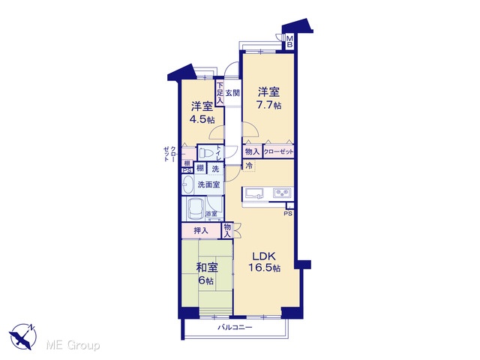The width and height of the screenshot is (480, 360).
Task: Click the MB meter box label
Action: point(289,42)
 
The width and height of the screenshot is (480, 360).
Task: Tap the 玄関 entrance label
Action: point(232,93)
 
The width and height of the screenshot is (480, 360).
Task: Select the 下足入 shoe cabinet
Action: point(220,93)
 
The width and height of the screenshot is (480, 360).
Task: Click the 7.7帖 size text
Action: point(268,105)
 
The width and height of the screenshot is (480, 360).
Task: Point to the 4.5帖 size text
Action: point(202,119)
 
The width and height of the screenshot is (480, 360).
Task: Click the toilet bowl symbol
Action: point(206,152)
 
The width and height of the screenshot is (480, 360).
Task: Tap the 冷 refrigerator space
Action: point(249,166)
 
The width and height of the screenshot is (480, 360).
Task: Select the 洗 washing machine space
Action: point(216,168)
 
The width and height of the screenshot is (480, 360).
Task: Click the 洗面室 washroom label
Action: point(208,184)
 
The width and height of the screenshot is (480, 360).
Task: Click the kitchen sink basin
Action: point(253,193)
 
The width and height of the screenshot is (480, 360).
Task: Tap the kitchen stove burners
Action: point(283,193)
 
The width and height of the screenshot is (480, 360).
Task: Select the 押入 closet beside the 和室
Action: point(201,231)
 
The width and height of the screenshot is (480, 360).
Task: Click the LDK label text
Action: point(264,256)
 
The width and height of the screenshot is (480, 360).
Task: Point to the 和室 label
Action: point(207,268)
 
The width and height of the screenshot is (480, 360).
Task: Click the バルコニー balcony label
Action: point(235,328)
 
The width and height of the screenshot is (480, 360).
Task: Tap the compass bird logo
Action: point(23,336)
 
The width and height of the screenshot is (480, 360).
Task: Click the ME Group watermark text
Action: point(73,346)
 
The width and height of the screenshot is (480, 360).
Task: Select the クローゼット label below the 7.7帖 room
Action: point(278,151)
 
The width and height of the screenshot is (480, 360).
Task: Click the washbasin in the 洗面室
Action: point(187,184)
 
